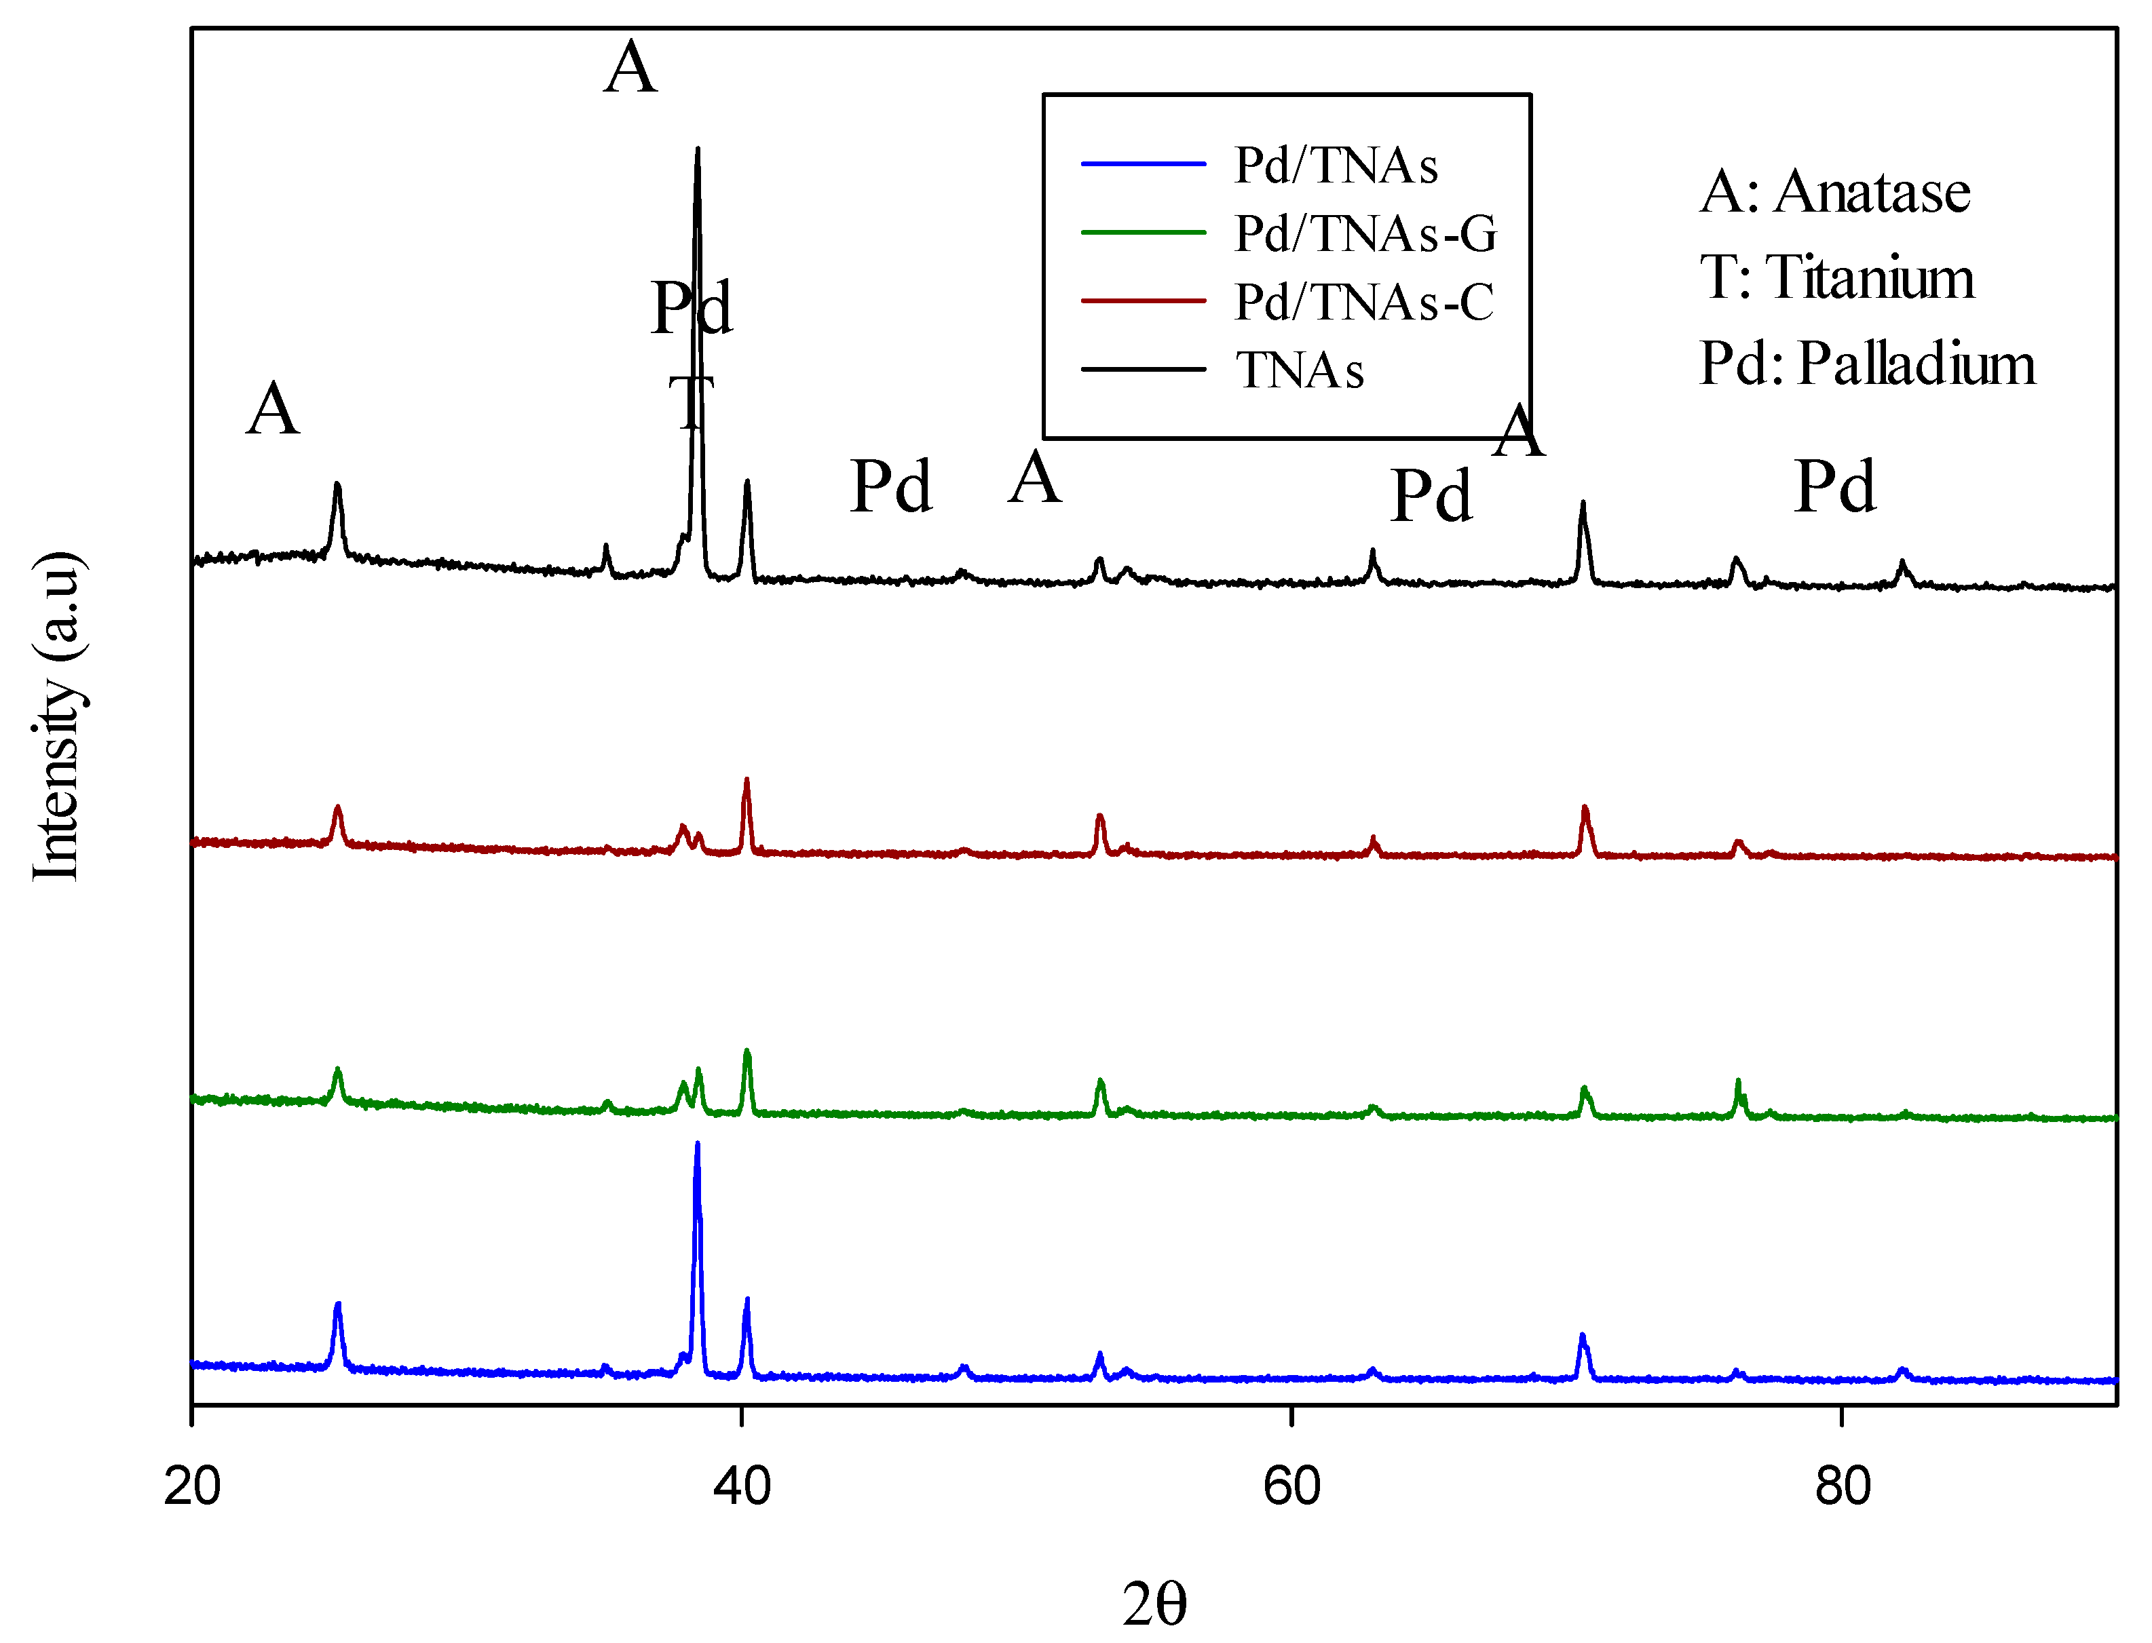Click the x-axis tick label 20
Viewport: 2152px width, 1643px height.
[x=192, y=1486]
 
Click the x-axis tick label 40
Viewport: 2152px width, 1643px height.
[x=742, y=1486]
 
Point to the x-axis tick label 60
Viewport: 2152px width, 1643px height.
[x=1291, y=1486]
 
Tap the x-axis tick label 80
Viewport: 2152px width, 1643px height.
[x=1842, y=1486]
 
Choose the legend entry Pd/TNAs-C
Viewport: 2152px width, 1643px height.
[x=1363, y=302]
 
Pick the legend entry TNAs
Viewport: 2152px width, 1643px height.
[x=1299, y=370]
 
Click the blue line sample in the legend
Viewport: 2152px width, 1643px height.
[x=1143, y=164]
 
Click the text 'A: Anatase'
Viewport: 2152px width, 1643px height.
[x=1834, y=192]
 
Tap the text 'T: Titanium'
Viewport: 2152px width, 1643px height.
[x=1836, y=277]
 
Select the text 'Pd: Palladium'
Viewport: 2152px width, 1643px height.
[x=1866, y=364]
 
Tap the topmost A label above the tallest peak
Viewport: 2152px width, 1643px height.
[x=630, y=69]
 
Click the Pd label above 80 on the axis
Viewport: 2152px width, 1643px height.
[x=1834, y=486]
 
